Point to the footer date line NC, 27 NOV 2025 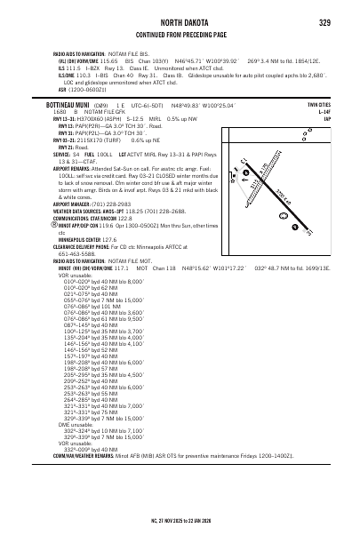click(x=179, y=516)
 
